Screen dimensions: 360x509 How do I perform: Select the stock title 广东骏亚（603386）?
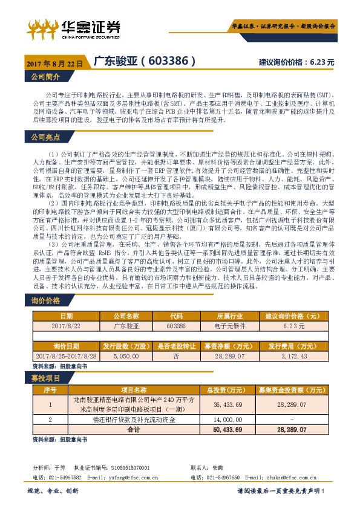[x=145, y=62]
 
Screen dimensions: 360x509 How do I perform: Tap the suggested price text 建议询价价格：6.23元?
[x=296, y=62]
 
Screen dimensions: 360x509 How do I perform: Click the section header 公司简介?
[x=46, y=77]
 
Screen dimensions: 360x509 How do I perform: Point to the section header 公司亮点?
[x=46, y=137]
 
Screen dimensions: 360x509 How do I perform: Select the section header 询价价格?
[x=46, y=300]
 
